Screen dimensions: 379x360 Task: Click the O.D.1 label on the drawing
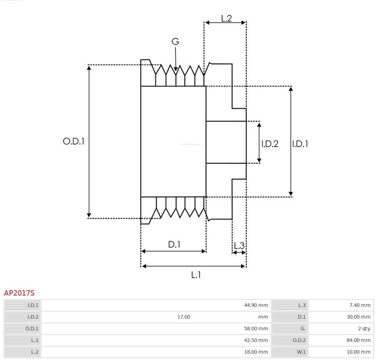pos(73,141)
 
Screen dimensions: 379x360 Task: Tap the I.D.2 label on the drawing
pos(270,144)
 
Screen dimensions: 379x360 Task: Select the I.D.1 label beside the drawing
pos(300,144)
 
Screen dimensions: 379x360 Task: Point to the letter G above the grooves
pos(175,41)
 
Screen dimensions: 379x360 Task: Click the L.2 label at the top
pos(226,18)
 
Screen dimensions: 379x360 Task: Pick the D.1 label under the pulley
pos(174,244)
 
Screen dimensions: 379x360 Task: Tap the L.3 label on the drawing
pos(239,246)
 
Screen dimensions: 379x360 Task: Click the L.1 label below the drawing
pos(196,275)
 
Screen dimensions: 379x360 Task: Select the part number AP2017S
pos(19,293)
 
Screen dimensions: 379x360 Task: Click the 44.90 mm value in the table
pos(256,305)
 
